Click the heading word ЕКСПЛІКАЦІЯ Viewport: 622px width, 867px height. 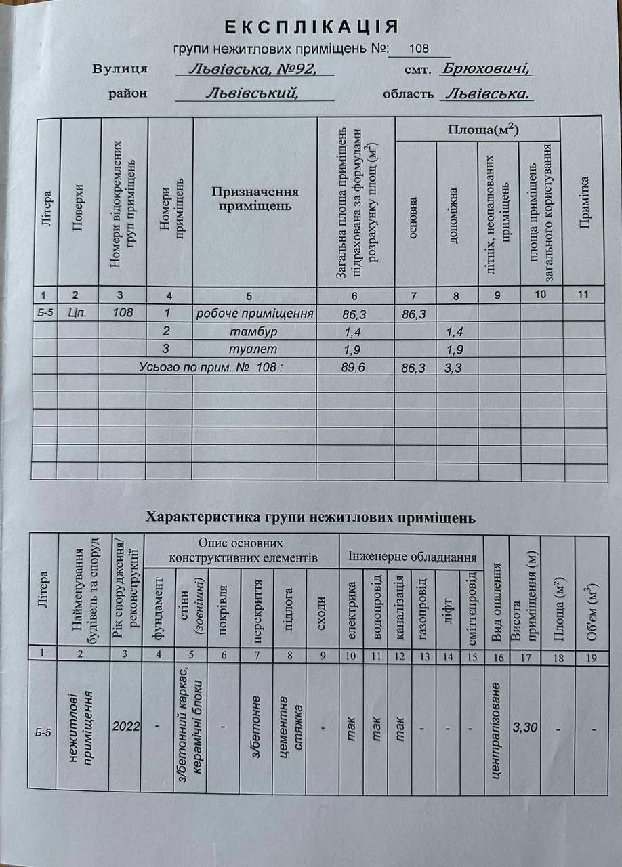[311, 27]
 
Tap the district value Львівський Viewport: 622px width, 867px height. [252, 93]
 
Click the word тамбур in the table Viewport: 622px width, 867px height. [254, 332]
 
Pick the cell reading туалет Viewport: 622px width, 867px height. [254, 350]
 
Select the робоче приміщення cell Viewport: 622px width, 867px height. [255, 314]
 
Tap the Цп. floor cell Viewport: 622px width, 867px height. [78, 313]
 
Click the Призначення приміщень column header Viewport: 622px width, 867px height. [255, 198]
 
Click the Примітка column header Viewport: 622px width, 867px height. [583, 202]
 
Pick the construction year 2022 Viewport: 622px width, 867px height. [126, 727]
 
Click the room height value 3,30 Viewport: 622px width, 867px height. [526, 727]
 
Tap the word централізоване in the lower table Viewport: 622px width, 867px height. [497, 729]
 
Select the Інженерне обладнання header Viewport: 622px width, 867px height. [413, 557]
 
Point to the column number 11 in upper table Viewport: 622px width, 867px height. [581, 295]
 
